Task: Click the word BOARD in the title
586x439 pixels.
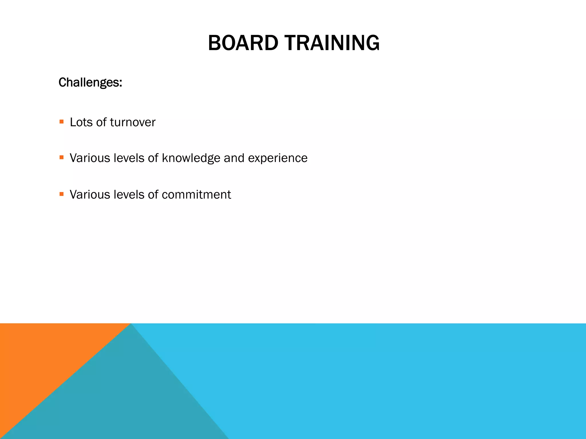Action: (x=243, y=43)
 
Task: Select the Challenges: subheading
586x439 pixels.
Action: (x=90, y=83)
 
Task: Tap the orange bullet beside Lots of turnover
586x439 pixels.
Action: (x=62, y=122)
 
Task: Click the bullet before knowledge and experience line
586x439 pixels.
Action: (x=62, y=157)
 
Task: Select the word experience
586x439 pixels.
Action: (x=278, y=158)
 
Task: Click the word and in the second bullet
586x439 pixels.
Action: (x=234, y=158)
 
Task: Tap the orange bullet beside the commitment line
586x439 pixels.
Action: (x=62, y=194)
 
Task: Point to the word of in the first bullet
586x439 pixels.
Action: (x=101, y=122)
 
